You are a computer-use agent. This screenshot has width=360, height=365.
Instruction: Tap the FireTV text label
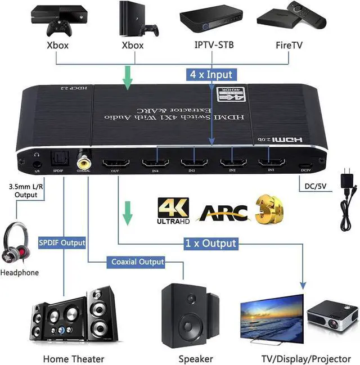click(x=290, y=45)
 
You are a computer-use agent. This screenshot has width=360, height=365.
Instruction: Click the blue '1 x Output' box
click(x=211, y=244)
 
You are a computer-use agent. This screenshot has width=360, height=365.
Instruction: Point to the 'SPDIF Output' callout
click(x=62, y=243)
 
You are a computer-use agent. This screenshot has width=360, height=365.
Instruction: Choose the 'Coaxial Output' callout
click(x=137, y=262)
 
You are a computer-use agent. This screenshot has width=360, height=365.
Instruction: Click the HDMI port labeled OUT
click(x=115, y=164)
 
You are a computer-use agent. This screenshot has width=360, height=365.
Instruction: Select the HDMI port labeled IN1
click(x=271, y=163)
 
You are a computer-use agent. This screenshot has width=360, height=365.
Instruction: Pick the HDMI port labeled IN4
click(x=155, y=164)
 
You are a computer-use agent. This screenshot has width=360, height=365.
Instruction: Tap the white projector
click(x=332, y=314)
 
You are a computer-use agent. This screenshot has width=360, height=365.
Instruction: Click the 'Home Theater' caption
click(x=74, y=358)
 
